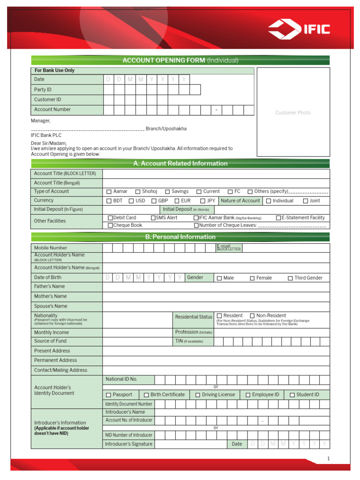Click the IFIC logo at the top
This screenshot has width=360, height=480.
click(x=299, y=30)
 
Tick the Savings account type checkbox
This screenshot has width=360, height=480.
click(x=167, y=192)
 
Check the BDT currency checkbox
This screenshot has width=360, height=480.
click(x=109, y=201)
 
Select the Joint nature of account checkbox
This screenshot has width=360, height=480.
click(x=305, y=201)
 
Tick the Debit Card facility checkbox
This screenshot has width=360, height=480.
click(x=110, y=218)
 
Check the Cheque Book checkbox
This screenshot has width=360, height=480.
click(x=110, y=225)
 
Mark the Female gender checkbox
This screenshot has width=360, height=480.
click(x=252, y=278)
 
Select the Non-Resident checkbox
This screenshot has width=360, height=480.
click(x=252, y=316)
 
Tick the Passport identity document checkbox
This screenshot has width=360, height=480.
click(x=109, y=395)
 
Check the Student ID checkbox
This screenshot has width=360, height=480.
click(x=292, y=395)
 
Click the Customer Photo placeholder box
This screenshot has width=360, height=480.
click(x=293, y=112)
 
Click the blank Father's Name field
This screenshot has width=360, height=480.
click(x=216, y=287)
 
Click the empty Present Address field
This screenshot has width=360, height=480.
click(x=216, y=351)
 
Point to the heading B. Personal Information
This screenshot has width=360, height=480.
click(x=180, y=237)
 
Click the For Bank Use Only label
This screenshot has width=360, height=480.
click(x=54, y=70)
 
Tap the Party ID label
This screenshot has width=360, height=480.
click(x=43, y=90)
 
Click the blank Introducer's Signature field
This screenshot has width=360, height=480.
click(x=190, y=444)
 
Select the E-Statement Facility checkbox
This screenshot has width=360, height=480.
click(x=278, y=218)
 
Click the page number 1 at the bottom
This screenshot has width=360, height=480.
click(x=329, y=458)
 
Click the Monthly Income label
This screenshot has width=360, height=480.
click(x=51, y=332)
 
